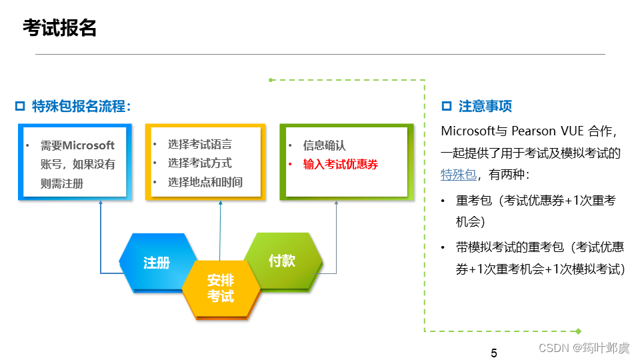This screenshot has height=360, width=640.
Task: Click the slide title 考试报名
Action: pyautogui.click(x=59, y=28)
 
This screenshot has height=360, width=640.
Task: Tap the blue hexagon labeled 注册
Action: pyautogui.click(x=157, y=263)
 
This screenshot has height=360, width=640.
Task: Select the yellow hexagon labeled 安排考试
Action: pyautogui.click(x=220, y=288)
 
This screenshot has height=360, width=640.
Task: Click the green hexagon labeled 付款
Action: pyautogui.click(x=281, y=260)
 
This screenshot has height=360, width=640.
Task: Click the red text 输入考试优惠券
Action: pyautogui.click(x=340, y=164)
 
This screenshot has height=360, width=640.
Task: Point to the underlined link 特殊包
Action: pyautogui.click(x=459, y=175)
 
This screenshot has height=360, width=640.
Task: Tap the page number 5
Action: pyautogui.click(x=493, y=353)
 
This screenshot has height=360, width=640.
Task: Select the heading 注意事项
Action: pyautogui.click(x=485, y=106)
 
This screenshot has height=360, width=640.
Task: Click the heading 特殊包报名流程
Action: pyautogui.click(x=81, y=106)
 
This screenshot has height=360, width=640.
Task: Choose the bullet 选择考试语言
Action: pyautogui.click(x=199, y=144)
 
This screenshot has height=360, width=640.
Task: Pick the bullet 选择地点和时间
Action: pyautogui.click(x=205, y=182)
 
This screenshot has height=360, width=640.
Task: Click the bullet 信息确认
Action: pyautogui.click(x=324, y=145)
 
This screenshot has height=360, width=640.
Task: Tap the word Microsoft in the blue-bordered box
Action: pyautogui.click(x=89, y=145)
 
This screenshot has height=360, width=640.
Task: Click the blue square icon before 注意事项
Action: pyautogui.click(x=447, y=106)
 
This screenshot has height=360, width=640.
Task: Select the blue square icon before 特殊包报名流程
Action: pyautogui.click(x=19, y=106)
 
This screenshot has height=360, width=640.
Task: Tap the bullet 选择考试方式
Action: pyautogui.click(x=199, y=163)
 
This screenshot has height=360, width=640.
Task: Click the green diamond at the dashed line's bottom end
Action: pyautogui.click(x=578, y=331)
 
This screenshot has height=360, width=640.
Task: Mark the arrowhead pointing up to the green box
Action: pyautogui.click(x=336, y=203)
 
